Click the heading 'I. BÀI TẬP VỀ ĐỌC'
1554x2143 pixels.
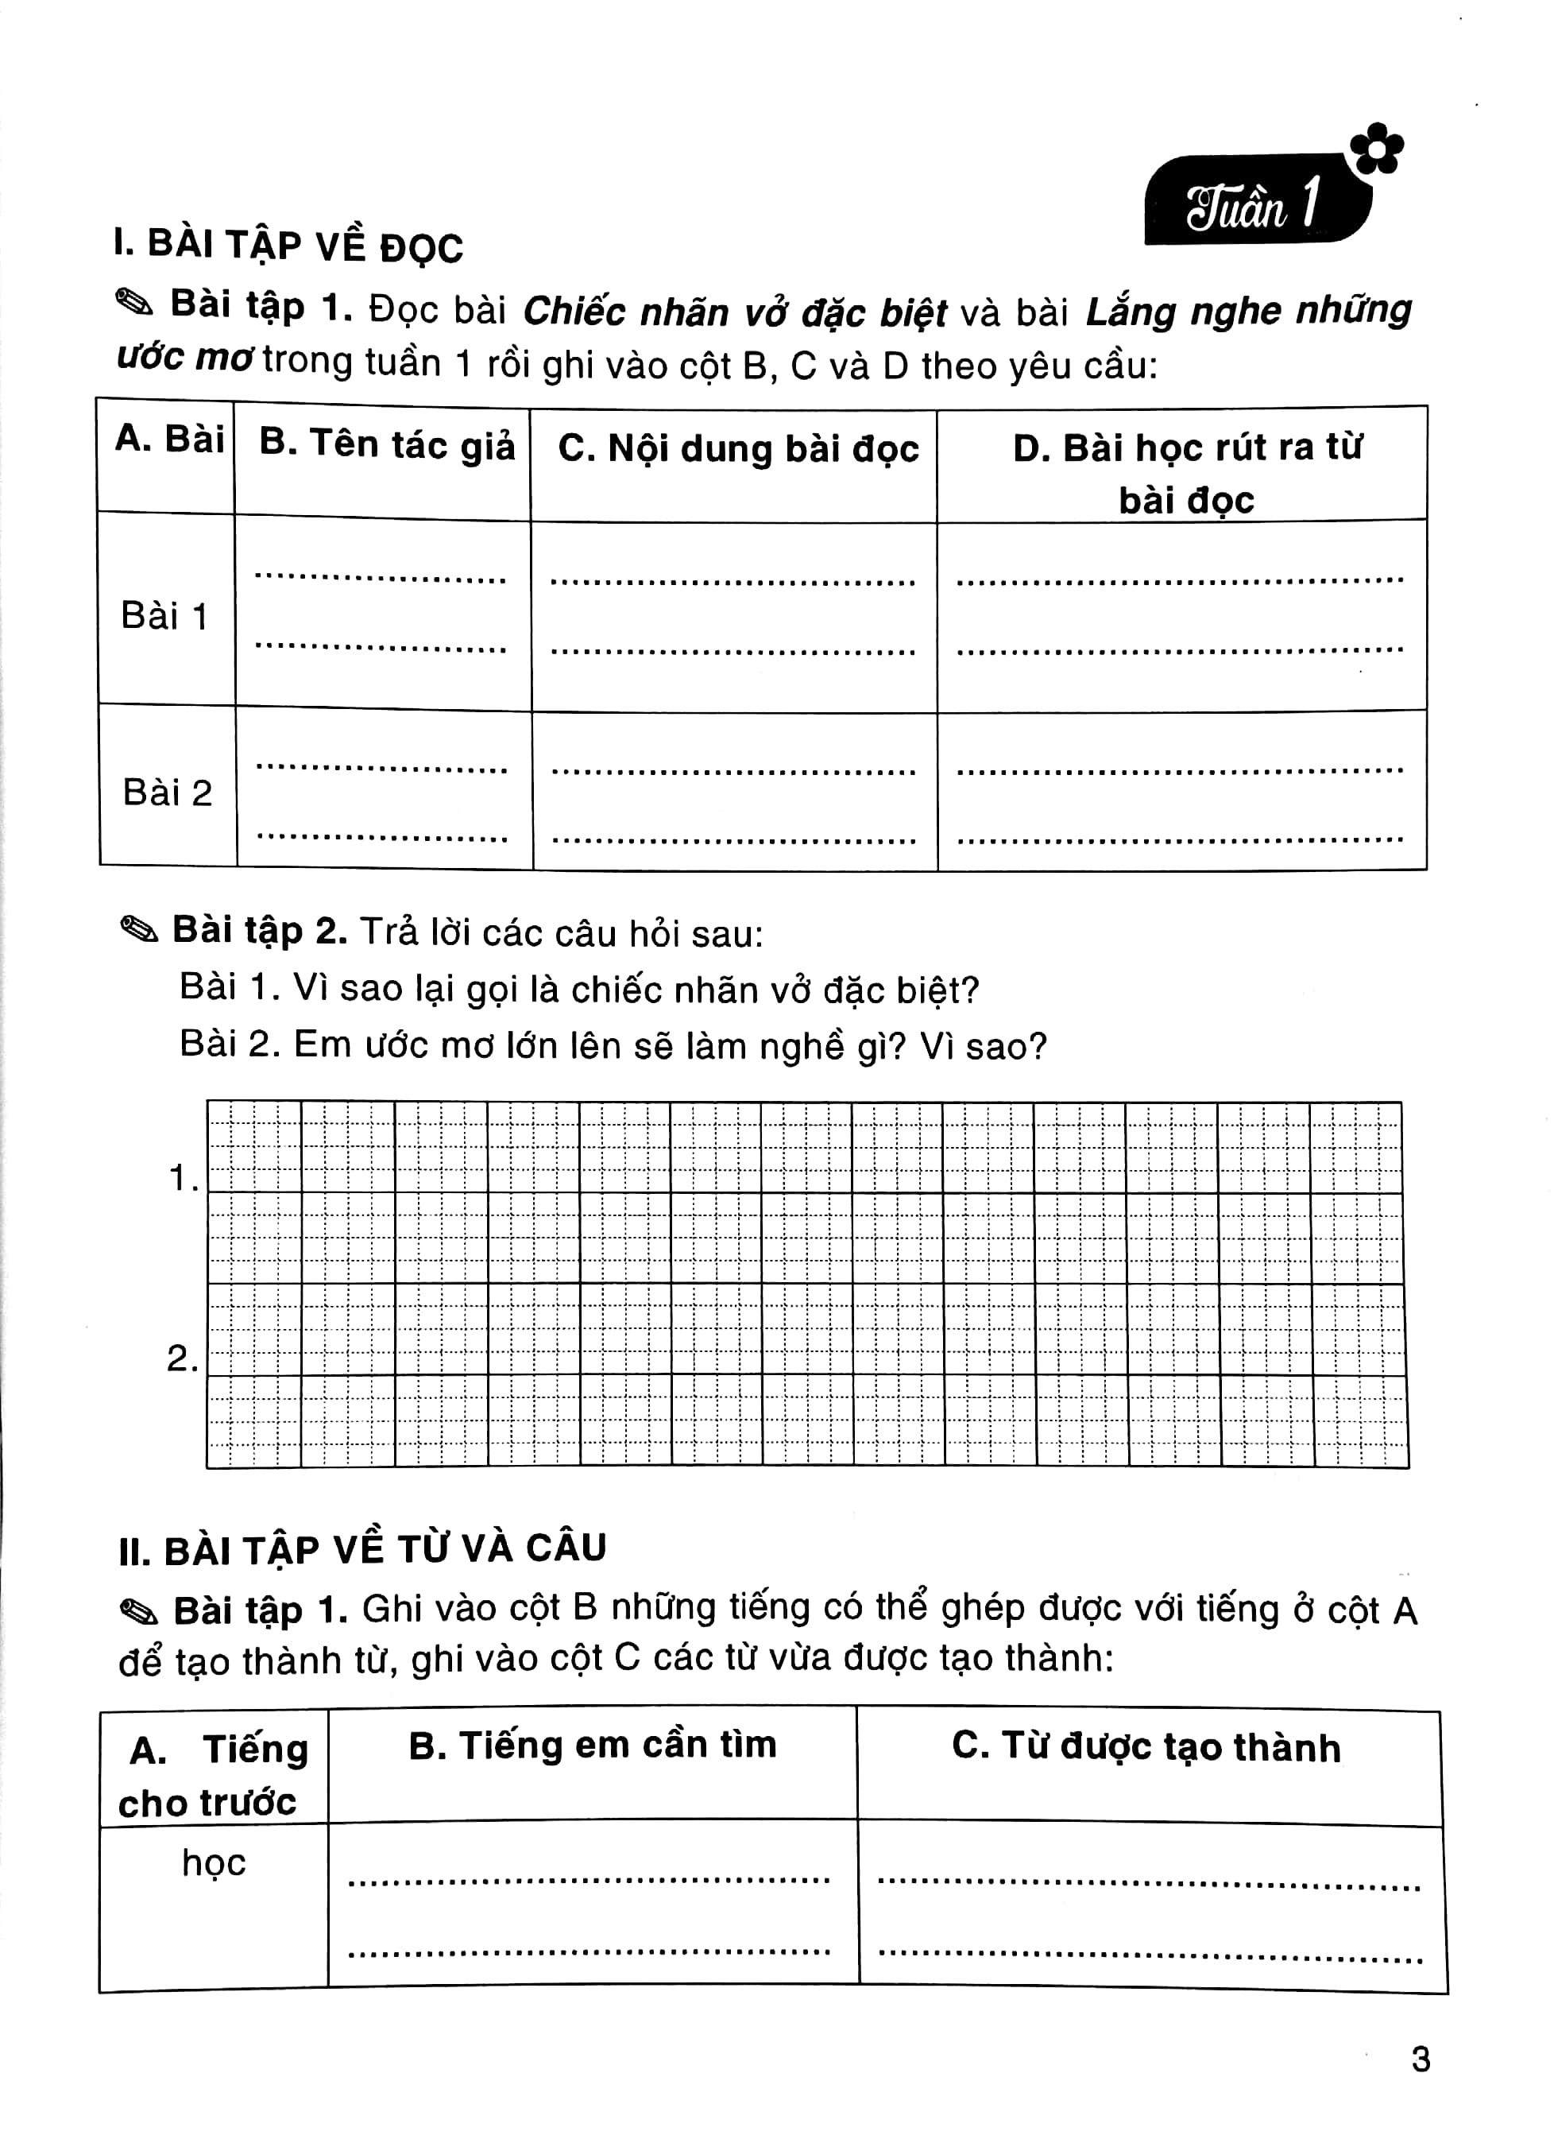point(288,246)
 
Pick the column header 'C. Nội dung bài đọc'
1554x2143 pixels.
point(738,449)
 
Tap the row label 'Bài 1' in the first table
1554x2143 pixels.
point(164,617)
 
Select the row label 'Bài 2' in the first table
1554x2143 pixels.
point(167,792)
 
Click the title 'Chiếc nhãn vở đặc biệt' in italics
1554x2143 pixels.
point(734,312)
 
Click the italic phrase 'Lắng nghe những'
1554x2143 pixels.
point(1248,311)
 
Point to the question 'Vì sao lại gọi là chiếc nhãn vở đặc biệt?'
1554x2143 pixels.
point(636,990)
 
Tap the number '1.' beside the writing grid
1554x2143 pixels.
point(182,1178)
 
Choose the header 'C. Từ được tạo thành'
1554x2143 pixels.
point(1146,1747)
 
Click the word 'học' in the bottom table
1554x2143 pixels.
point(214,1862)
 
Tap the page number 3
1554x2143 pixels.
point(1420,2059)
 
